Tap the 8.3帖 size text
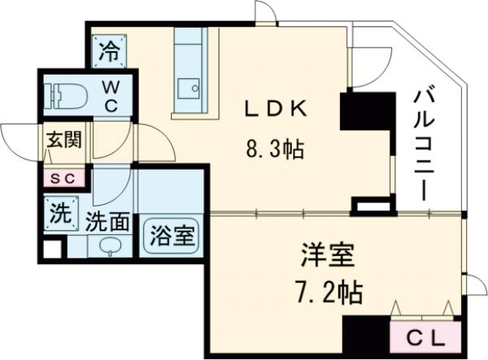pos(277,149)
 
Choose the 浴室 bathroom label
pos(171,236)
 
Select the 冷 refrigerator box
pos(109,52)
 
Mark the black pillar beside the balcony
pos(356,110)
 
